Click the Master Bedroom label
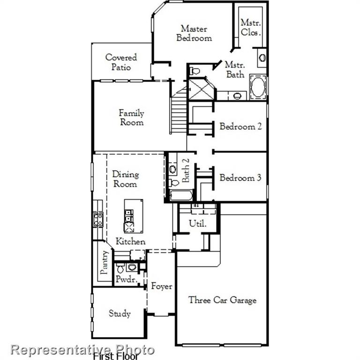pyautogui.click(x=194, y=33)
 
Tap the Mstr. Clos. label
pyautogui.click(x=250, y=27)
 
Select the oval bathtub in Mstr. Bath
pyautogui.click(x=258, y=88)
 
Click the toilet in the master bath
pyautogui.click(x=195, y=71)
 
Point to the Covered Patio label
pyautogui.click(x=121, y=62)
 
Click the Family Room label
pyautogui.click(x=131, y=118)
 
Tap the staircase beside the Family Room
pyautogui.click(x=179, y=113)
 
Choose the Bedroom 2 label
pyautogui.click(x=240, y=127)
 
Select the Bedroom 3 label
pyautogui.click(x=240, y=178)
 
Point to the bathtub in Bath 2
pyautogui.click(x=181, y=195)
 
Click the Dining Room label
pyautogui.click(x=125, y=179)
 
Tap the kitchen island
pyautogui.click(x=130, y=216)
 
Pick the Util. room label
pyautogui.click(x=198, y=224)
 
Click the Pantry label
pyautogui.click(x=105, y=262)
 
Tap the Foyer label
pyautogui.click(x=161, y=286)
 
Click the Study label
pyautogui.click(x=120, y=314)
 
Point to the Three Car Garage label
pyautogui.click(x=222, y=300)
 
